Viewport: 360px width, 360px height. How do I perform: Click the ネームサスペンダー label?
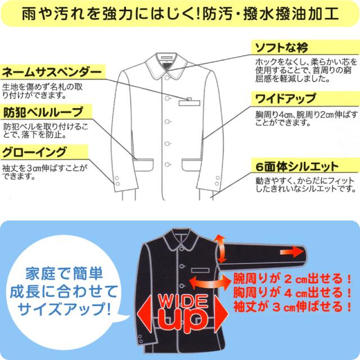pos(52,72)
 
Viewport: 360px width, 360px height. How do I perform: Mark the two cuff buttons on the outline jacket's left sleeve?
pos(119,180)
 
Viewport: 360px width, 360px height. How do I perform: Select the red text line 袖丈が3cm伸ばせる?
pos(292,307)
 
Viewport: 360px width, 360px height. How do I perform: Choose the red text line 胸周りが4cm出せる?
pos(292,293)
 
